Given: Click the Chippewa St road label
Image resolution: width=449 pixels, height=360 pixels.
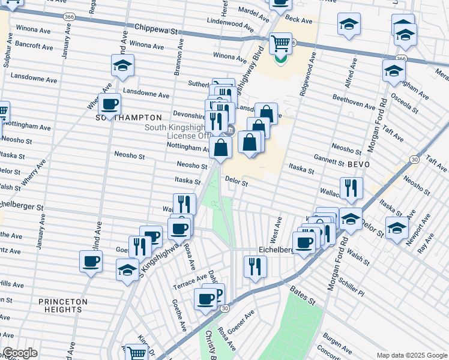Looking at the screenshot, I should (x=157, y=28).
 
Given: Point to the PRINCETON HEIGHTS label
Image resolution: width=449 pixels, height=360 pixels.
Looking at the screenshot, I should (x=63, y=305).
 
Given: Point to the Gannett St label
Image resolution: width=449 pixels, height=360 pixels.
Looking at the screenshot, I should (x=328, y=159).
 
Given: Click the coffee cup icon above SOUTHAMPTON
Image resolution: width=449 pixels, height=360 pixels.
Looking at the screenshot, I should (x=109, y=104).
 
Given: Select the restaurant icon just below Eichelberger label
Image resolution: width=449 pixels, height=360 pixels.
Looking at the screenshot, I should (x=256, y=266).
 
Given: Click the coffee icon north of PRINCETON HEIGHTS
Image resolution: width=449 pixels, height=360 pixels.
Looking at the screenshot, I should (x=91, y=261).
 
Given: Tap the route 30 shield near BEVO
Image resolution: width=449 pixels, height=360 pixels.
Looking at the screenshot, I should (x=414, y=159).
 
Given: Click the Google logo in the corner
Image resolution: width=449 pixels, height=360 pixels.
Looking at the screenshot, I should (x=19, y=353).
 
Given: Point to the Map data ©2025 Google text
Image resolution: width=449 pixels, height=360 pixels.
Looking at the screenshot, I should (x=411, y=355).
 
